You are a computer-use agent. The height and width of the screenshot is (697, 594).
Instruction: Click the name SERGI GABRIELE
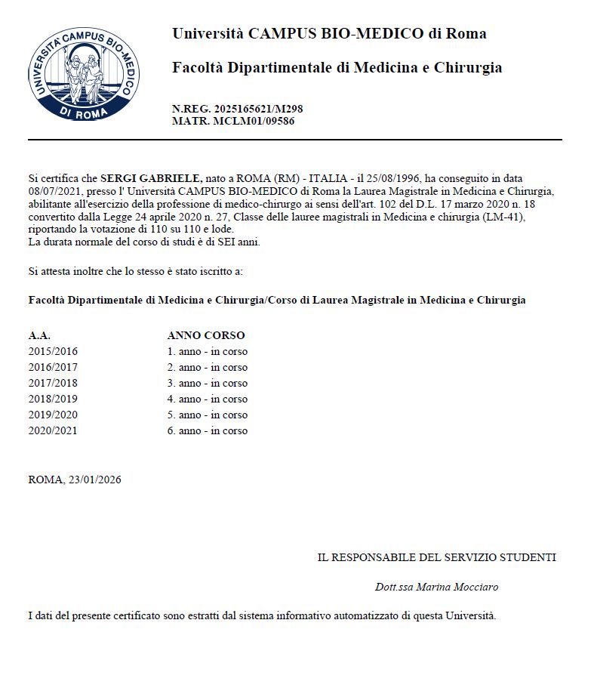pos(151,178)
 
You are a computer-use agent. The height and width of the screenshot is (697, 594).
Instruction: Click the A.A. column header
pos(39,335)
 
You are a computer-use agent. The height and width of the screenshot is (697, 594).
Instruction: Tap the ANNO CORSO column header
pos(205,335)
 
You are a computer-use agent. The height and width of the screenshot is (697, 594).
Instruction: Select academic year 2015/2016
pos(53,351)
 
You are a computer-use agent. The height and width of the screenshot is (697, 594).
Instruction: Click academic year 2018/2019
pos(53,399)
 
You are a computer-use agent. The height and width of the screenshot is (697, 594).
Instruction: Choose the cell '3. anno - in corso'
pos(207,383)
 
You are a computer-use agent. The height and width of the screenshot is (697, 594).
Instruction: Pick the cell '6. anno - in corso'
pos(207,430)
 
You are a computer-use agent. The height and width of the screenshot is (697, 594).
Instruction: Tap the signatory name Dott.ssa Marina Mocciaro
pos(436,587)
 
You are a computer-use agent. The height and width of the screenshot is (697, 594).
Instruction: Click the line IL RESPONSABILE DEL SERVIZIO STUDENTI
pos(436,557)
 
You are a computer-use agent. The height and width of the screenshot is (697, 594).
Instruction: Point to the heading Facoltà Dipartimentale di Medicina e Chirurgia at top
pos(337,68)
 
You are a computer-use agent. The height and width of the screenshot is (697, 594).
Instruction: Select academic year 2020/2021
pos(53,430)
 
